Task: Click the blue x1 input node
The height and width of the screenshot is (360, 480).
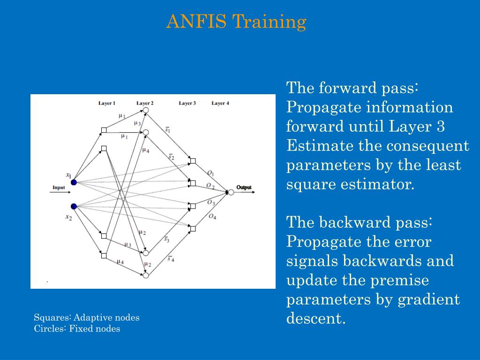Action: click(74, 182)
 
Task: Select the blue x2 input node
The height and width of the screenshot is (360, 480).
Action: click(74, 206)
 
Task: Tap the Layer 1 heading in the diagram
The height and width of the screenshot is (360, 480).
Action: click(107, 103)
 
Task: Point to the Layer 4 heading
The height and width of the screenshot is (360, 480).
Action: click(220, 103)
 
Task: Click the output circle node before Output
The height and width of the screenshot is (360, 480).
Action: click(231, 192)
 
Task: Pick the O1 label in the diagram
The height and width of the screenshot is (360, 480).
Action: click(210, 173)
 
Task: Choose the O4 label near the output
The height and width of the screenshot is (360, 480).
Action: click(212, 217)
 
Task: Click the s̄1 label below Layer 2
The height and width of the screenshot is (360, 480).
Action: click(168, 129)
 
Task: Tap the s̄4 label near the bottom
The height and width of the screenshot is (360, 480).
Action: click(171, 258)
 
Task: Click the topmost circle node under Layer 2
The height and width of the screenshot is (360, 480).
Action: click(146, 111)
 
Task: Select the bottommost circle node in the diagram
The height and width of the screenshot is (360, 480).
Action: click(146, 276)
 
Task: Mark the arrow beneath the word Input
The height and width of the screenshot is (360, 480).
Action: click(60, 192)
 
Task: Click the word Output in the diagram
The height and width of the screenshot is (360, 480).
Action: click(244, 187)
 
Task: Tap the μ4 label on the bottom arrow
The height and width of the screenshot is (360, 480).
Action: click(120, 262)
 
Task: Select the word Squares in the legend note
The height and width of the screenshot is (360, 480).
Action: click(49, 317)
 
